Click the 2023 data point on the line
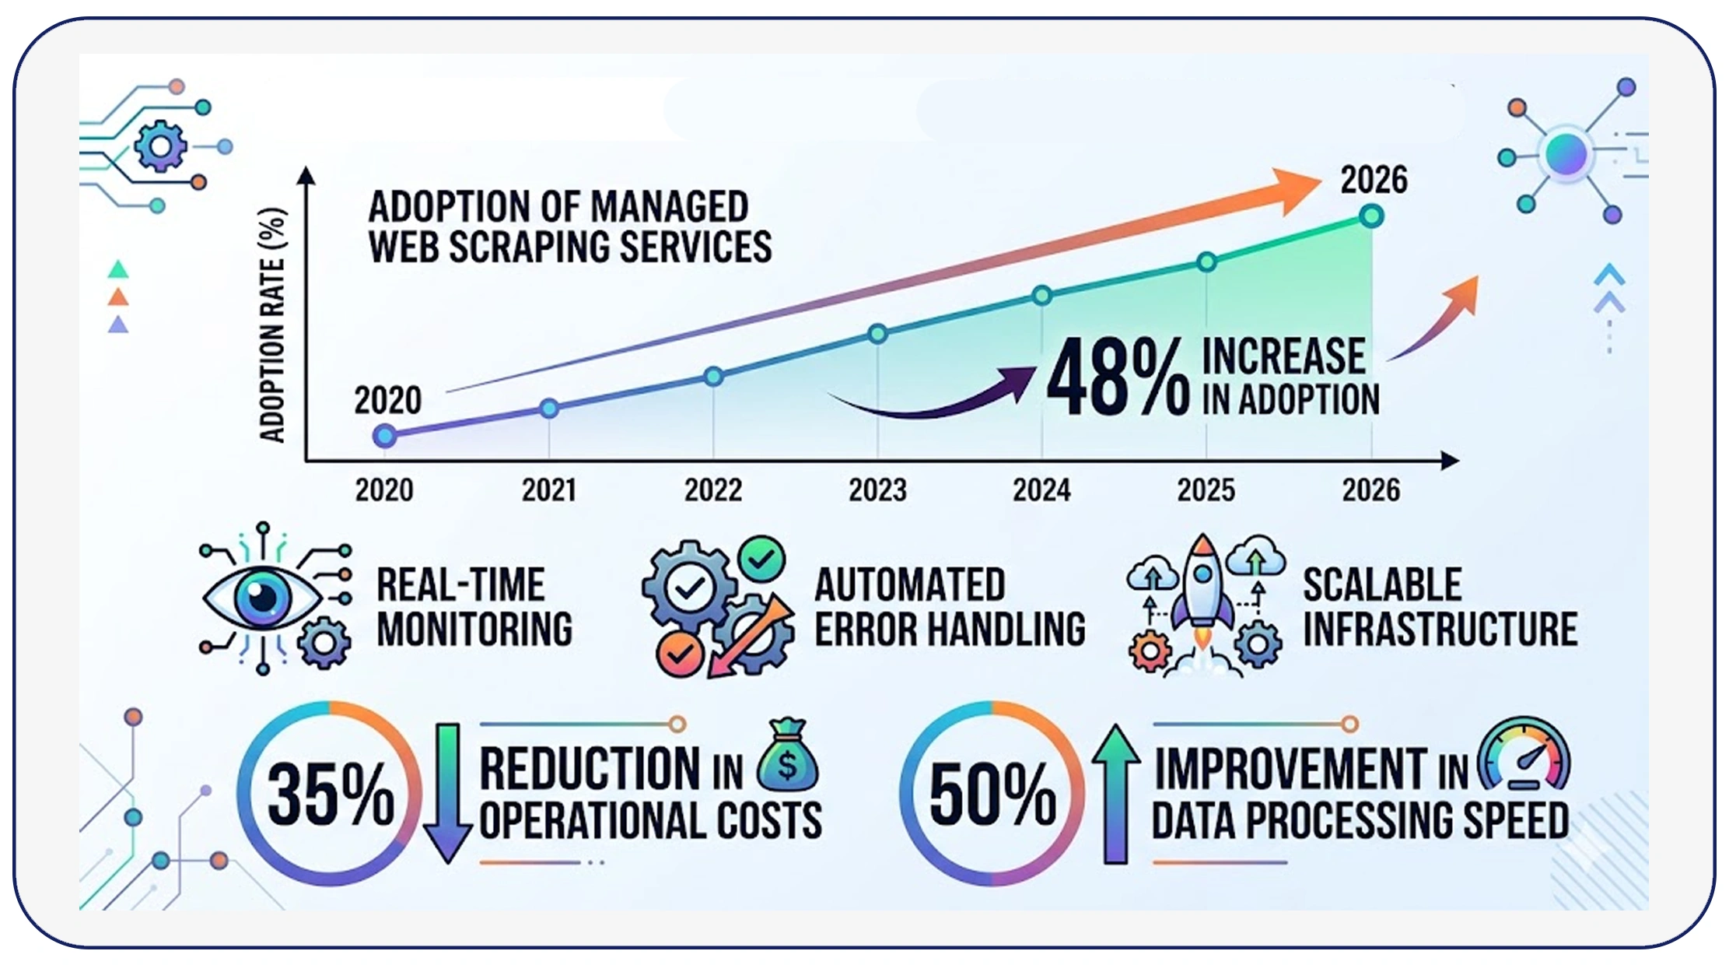pyautogui.click(x=877, y=334)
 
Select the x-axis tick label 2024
pyautogui.click(x=1041, y=490)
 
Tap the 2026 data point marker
pyautogui.click(x=1371, y=216)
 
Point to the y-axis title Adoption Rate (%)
pyautogui.click(x=272, y=325)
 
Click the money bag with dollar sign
pyautogui.click(x=788, y=755)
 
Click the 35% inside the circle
pyautogui.click(x=330, y=794)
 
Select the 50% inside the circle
pyautogui.click(x=992, y=794)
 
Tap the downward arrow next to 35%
pyautogui.click(x=448, y=794)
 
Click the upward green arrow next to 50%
pyautogui.click(x=1116, y=794)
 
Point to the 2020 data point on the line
pyautogui.click(x=384, y=436)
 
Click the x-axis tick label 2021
pyautogui.click(x=548, y=490)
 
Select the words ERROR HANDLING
pyautogui.click(x=950, y=630)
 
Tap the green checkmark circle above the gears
pyautogui.click(x=761, y=558)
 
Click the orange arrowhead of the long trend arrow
pyautogui.click(x=1295, y=189)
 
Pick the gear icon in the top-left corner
pyautogui.click(x=160, y=146)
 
